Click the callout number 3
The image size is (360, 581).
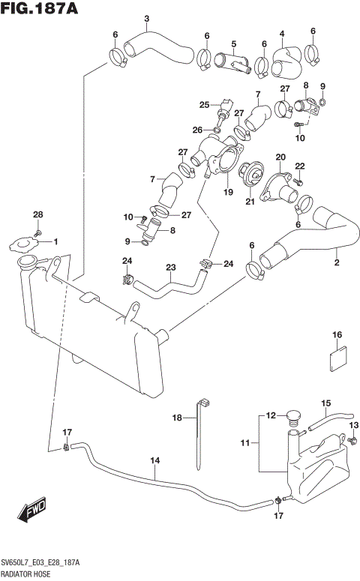click(146, 19)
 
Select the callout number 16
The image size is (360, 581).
click(337, 334)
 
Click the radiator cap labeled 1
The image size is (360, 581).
click(22, 244)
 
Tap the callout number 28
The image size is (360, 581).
click(37, 215)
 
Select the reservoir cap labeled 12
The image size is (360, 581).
click(293, 417)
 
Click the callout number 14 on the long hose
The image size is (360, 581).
click(155, 461)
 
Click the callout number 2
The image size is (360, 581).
click(337, 262)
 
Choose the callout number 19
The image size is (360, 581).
click(229, 192)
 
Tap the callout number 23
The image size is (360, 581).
click(170, 267)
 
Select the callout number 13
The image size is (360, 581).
click(355, 427)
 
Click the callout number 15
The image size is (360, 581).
click(326, 403)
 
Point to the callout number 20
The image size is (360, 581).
click(280, 157)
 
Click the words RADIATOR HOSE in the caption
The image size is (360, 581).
click(25, 574)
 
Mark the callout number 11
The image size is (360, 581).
click(244, 444)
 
